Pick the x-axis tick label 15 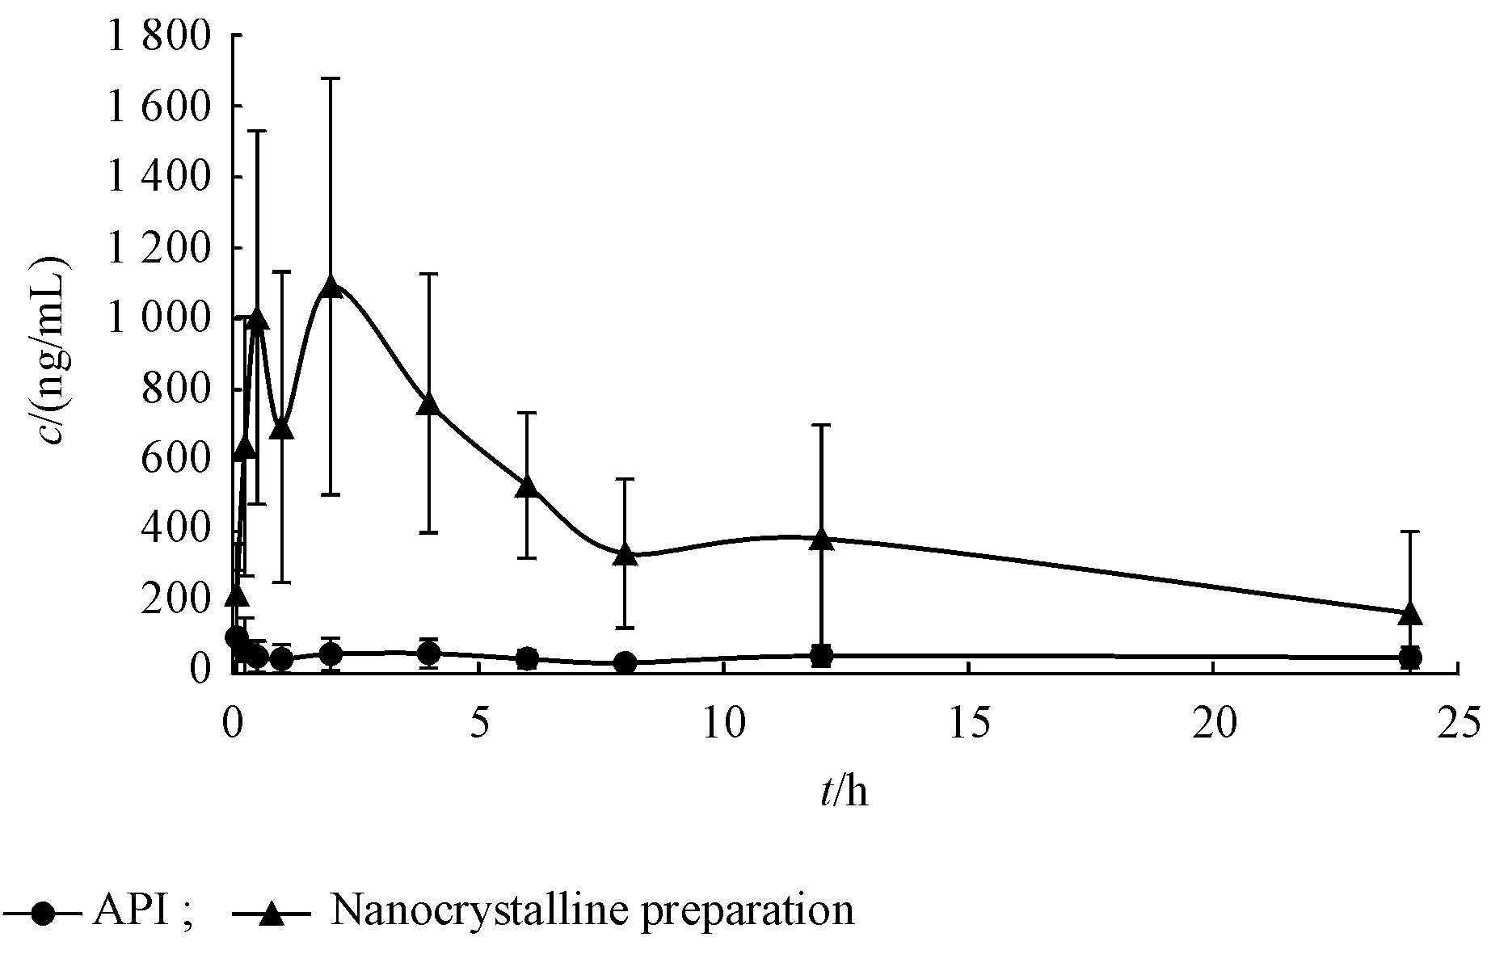[x=969, y=722]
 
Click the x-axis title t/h [x=843, y=793]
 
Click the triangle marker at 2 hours [x=331, y=285]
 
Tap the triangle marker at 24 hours [x=1409, y=614]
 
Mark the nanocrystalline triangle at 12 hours [x=821, y=539]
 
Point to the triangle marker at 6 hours [x=527, y=486]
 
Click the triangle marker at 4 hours [x=429, y=404]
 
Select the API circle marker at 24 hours [x=1409, y=658]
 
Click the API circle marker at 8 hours [x=625, y=663]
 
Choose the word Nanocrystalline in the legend [x=460, y=911]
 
